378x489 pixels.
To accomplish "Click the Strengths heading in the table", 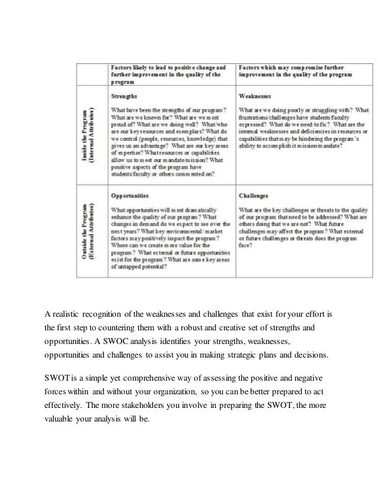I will click(x=124, y=95).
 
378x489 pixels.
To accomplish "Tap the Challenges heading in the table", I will click(x=254, y=194).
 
